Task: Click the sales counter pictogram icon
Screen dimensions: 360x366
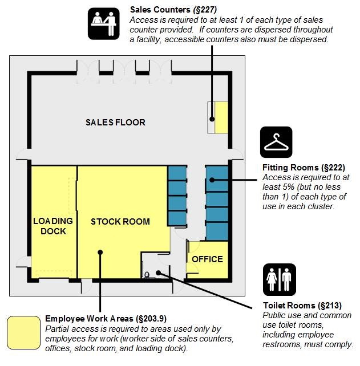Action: coord(103,23)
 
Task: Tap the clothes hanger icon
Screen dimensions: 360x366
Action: coord(276,142)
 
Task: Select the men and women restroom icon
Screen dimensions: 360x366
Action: coord(280,280)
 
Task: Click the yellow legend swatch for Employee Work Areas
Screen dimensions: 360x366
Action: coord(23,332)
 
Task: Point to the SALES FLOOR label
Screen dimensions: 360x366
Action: coord(115,123)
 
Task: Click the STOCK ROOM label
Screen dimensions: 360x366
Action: coord(120,222)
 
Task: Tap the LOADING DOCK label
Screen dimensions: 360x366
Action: coord(53,226)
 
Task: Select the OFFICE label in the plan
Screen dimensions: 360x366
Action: coord(207,259)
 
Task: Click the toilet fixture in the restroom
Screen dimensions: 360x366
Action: coord(147,275)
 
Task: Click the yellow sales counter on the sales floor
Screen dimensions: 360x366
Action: coord(221,117)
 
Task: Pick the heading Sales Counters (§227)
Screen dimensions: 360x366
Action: coord(173,10)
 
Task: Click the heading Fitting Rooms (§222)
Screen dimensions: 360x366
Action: coord(304,168)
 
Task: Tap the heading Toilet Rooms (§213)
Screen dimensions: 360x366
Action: coord(302,306)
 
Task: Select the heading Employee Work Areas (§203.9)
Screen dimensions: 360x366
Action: coord(106,318)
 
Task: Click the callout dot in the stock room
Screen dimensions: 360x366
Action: coord(100,253)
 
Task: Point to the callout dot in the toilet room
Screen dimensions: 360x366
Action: coord(159,273)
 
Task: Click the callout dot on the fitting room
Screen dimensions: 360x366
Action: coord(212,180)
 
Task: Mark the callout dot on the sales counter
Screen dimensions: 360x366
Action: coord(212,119)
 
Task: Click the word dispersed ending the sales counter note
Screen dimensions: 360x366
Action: coord(309,39)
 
